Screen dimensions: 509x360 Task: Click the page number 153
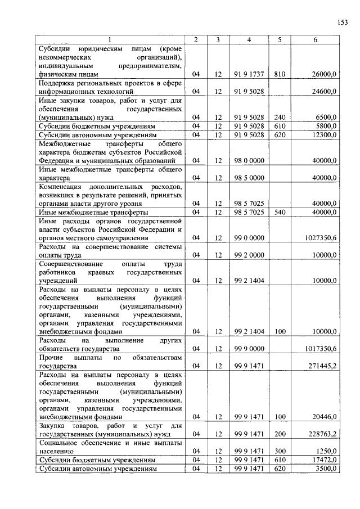(x=343, y=22)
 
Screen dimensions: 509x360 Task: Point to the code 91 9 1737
(x=249, y=74)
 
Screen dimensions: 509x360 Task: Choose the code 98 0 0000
(x=249, y=161)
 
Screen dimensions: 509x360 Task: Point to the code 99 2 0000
(x=249, y=255)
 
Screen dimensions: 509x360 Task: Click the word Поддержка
(x=56, y=82)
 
